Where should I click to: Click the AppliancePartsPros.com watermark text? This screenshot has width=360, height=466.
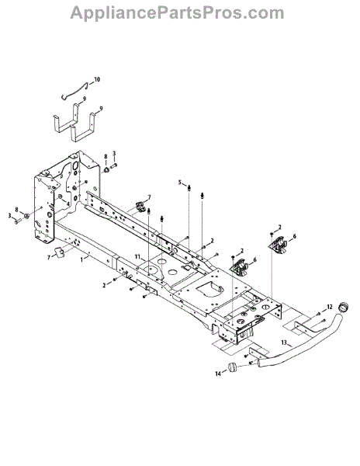[x=177, y=13]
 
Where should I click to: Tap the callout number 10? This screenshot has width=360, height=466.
[x=97, y=80]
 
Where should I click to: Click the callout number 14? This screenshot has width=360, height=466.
[x=218, y=374]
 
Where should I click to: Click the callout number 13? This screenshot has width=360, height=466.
[x=284, y=343]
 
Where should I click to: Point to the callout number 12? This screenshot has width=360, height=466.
[x=330, y=307]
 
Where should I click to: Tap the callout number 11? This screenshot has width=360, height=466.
[x=137, y=256]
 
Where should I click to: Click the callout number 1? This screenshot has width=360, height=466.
[x=82, y=259]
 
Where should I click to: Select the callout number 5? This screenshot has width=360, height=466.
[x=179, y=183]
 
